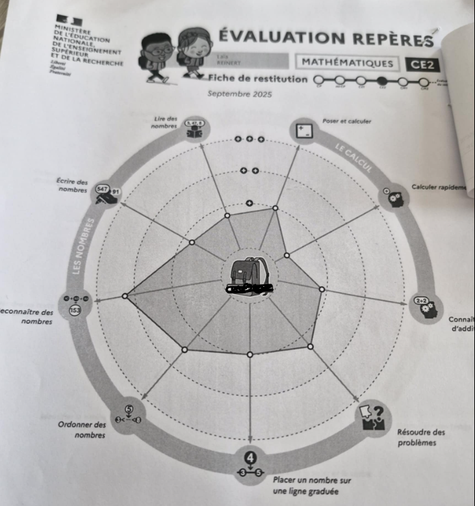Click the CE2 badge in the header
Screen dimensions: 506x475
coord(421,64)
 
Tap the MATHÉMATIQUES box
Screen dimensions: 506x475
coord(348,62)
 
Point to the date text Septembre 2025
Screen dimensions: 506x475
coord(239,94)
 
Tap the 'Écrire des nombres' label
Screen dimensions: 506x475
coord(72,186)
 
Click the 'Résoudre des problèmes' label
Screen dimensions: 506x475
coord(421,437)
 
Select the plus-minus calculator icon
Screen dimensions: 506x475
coord(303,129)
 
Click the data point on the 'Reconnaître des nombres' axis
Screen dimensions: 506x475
coord(125,296)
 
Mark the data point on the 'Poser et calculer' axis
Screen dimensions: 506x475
coord(275,208)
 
